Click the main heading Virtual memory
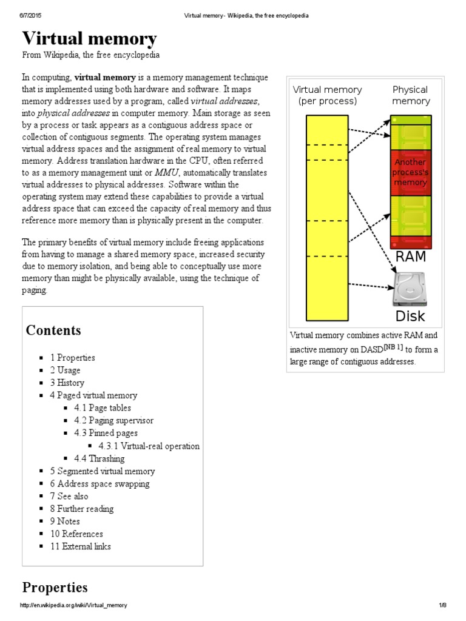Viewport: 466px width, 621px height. (89, 39)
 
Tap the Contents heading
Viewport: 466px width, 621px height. (53, 331)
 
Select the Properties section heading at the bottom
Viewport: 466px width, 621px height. (55, 588)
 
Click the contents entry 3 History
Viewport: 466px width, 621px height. (67, 383)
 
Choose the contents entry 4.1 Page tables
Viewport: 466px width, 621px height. (102, 408)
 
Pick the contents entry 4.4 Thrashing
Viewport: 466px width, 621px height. (99, 458)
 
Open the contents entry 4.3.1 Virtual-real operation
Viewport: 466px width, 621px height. (148, 446)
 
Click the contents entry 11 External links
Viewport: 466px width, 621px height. (80, 546)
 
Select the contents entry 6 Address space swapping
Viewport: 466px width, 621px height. (100, 484)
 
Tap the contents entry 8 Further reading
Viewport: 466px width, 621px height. (81, 509)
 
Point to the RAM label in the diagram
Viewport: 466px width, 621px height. (411, 257)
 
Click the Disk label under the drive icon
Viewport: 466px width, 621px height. (410, 316)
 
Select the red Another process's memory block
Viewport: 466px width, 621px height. (411, 172)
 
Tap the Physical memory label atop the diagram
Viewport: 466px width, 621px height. (411, 95)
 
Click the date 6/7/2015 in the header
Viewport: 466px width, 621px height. (31, 15)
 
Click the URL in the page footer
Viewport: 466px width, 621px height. (73, 606)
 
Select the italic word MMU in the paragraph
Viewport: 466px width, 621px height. (166, 173)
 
